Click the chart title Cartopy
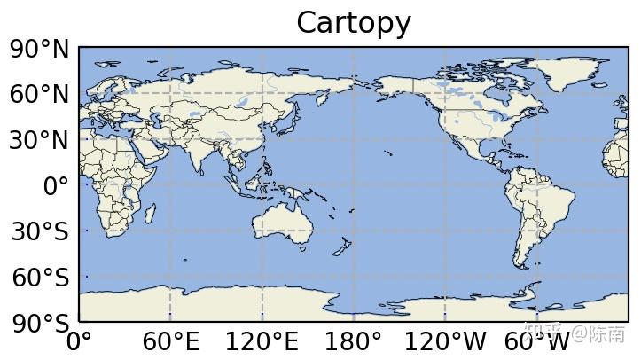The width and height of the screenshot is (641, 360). pyautogui.click(x=353, y=23)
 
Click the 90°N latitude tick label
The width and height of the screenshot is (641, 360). pyautogui.click(x=39, y=50)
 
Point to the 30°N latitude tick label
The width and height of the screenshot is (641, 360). pyautogui.click(x=39, y=141)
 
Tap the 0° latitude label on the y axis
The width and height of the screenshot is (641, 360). pyautogui.click(x=56, y=187)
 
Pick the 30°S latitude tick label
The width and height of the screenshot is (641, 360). pyautogui.click(x=39, y=232)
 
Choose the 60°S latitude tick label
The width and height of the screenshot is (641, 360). pyautogui.click(x=39, y=278)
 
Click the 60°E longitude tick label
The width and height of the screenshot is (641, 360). pyautogui.click(x=170, y=342)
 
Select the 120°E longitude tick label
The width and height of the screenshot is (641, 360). pyautogui.click(x=262, y=342)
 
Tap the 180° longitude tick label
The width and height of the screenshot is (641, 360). pyautogui.click(x=354, y=342)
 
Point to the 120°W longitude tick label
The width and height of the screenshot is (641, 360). pyautogui.click(x=445, y=342)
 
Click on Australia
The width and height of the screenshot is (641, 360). pyautogui.click(x=284, y=223)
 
